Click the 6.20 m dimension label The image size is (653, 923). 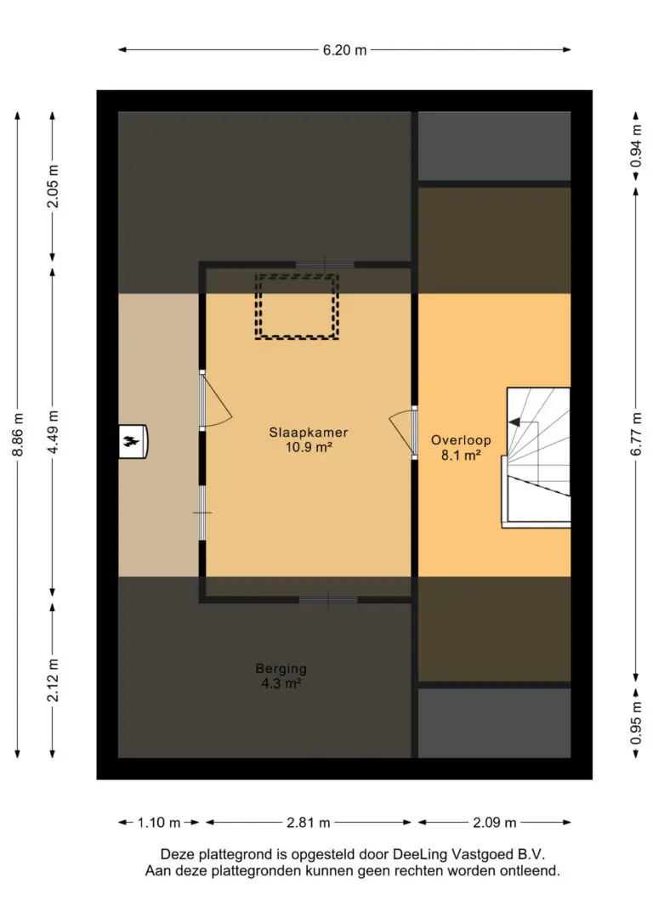pyautogui.click(x=344, y=50)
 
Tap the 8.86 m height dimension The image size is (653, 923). pyautogui.click(x=18, y=434)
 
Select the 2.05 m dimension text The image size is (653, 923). pyautogui.click(x=53, y=185)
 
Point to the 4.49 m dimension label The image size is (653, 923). pyautogui.click(x=53, y=432)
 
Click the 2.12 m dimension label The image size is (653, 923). pyautogui.click(x=53, y=680)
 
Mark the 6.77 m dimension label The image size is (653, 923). pyautogui.click(x=636, y=433)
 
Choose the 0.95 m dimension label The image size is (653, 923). pyautogui.click(x=636, y=722)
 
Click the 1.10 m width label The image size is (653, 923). pyautogui.click(x=159, y=823)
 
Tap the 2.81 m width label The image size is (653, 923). pyautogui.click(x=309, y=823)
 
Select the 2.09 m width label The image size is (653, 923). pyautogui.click(x=495, y=823)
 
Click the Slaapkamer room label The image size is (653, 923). pyautogui.click(x=309, y=432)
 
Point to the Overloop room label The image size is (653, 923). pyautogui.click(x=461, y=439)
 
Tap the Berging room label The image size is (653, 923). pyautogui.click(x=281, y=669)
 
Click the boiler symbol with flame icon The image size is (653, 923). pyautogui.click(x=133, y=441)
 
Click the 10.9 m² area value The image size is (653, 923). pyautogui.click(x=309, y=447)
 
